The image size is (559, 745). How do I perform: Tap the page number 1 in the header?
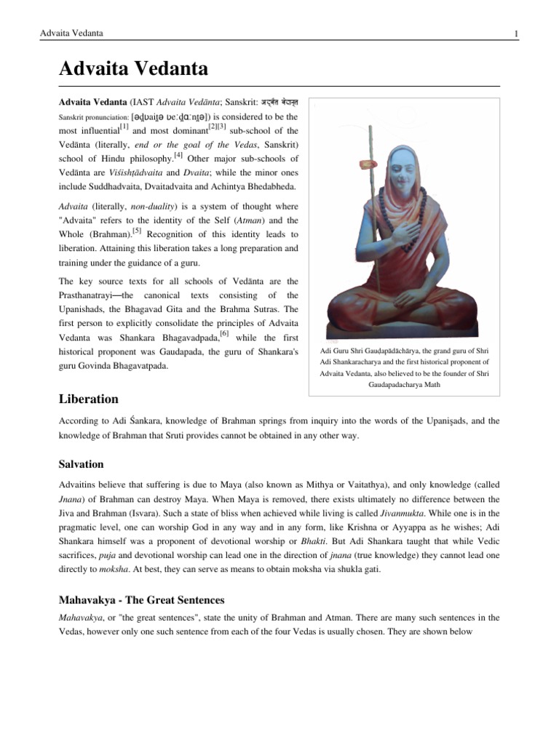(x=515, y=33)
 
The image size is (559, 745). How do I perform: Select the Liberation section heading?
(x=88, y=399)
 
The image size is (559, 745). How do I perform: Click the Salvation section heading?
(x=81, y=463)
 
